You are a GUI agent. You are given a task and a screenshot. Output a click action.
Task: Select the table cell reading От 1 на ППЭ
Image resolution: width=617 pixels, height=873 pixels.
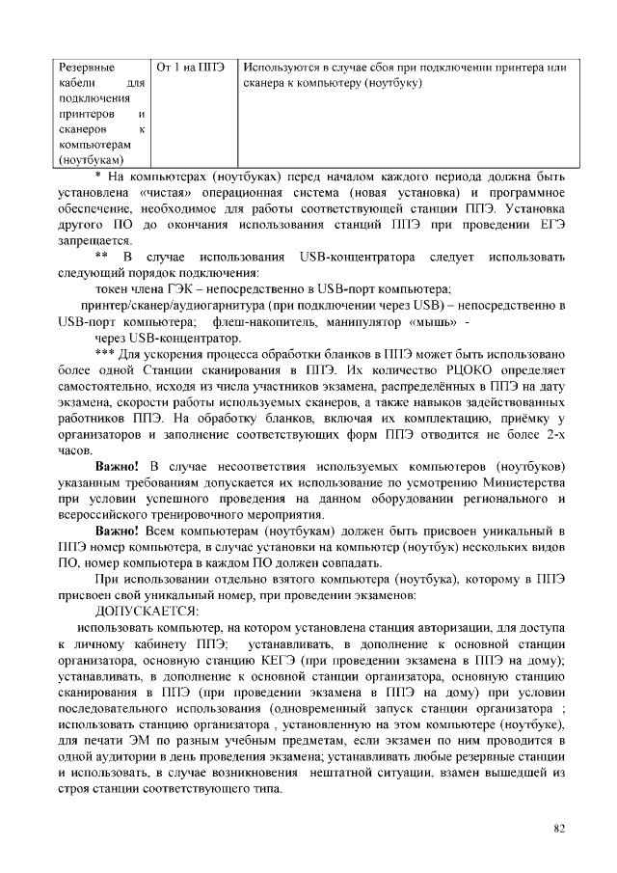point(190,68)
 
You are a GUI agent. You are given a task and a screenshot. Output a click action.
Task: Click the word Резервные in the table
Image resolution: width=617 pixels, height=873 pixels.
point(87,68)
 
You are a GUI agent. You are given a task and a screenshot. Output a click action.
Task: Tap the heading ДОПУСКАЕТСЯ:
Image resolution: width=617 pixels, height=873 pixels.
point(146,612)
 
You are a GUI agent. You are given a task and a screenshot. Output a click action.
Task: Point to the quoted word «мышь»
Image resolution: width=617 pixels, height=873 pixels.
point(431,321)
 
